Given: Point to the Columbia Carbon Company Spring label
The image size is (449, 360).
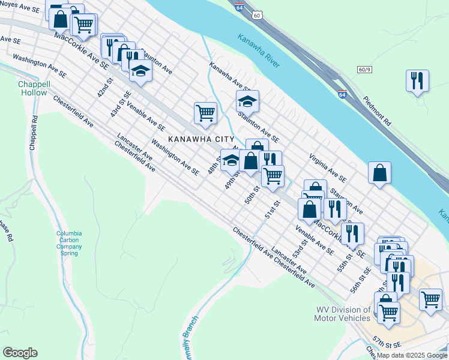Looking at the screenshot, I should click(69, 243).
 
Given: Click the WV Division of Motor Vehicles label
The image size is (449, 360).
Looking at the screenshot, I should click(343, 314).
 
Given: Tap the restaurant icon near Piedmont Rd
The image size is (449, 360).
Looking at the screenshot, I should click(417, 80).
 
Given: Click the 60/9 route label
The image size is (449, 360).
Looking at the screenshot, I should click(364, 70).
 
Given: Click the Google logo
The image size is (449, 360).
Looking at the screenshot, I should click(20, 353).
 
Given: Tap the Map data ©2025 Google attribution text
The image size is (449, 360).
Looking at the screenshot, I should click(411, 355).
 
